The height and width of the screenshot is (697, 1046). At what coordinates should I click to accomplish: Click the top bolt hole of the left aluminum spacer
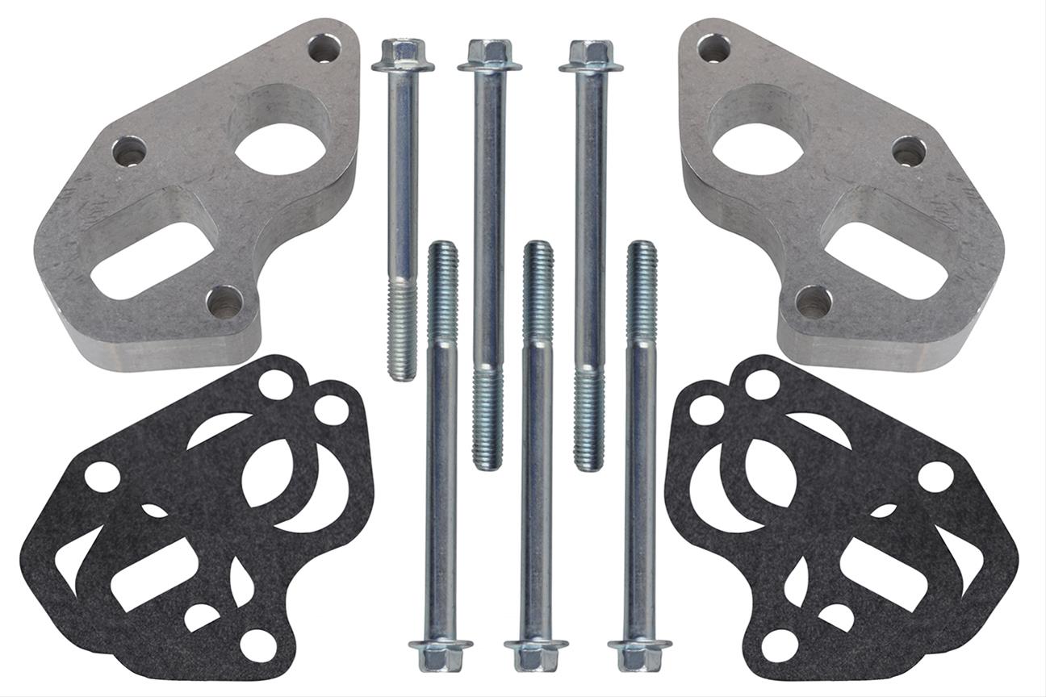coord(324,48)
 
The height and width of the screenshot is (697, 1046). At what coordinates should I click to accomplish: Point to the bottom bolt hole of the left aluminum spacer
coord(224,301)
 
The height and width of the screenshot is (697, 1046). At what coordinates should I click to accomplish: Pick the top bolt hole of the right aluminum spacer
coord(714,48)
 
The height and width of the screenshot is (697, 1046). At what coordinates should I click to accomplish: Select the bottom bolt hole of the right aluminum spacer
coord(814,301)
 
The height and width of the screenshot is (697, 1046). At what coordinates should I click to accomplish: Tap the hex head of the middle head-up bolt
coord(489,55)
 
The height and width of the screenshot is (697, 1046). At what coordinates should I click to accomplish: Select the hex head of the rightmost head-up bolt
coord(591,55)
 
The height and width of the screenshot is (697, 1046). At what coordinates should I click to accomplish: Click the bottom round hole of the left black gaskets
coord(258,644)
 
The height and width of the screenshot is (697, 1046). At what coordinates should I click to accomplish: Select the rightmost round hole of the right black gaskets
coord(936,476)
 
